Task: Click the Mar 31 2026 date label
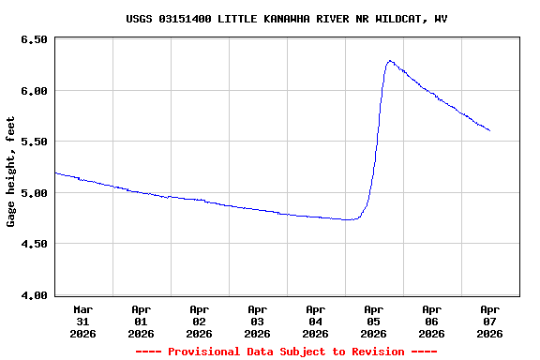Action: (83, 321)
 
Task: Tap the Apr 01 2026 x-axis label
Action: (142, 321)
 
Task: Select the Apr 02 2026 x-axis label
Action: (200, 321)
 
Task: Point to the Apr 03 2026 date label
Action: (258, 321)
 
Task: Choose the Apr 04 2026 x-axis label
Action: (316, 321)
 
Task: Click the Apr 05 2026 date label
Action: (374, 321)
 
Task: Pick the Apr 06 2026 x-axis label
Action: (432, 321)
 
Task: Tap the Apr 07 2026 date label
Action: (490, 321)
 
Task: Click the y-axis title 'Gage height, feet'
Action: (11, 172)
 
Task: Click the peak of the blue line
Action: (389, 61)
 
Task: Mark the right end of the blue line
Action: (489, 130)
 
